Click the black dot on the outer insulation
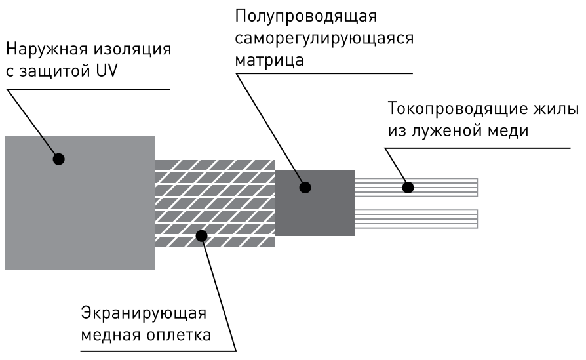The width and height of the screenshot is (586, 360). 58,159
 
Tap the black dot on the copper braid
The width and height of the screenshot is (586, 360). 203,235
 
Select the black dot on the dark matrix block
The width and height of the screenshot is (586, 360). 304,188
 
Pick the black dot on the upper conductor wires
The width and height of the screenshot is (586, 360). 408,188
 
